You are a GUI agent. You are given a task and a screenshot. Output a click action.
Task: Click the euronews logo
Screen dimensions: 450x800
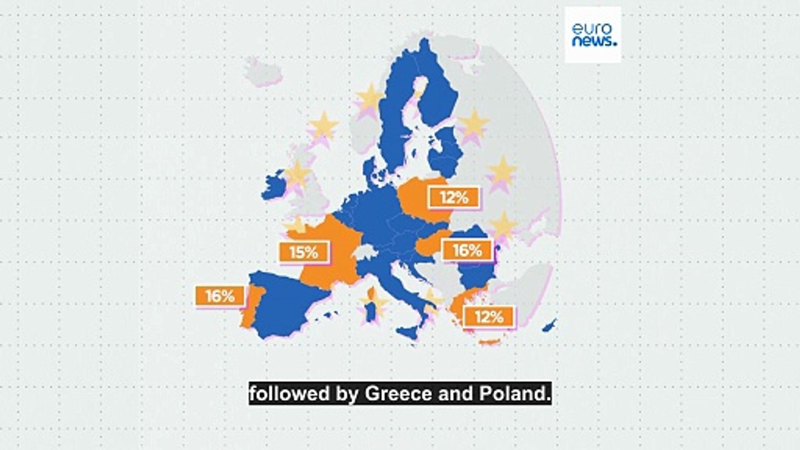click(592, 35)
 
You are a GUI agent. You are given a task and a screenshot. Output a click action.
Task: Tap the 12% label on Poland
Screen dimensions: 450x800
click(454, 198)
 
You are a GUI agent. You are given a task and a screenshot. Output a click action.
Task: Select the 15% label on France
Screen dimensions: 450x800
click(303, 252)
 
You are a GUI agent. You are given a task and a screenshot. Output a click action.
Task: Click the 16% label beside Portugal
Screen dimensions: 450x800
click(219, 296)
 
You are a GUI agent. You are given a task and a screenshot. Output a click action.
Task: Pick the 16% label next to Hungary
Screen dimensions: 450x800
click(467, 251)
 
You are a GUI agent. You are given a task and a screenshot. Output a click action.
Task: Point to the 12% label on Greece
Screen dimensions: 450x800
click(488, 316)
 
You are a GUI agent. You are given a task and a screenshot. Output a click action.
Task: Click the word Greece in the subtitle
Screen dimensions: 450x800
click(398, 394)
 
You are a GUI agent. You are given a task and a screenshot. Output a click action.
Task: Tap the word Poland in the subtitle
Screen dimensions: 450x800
click(506, 394)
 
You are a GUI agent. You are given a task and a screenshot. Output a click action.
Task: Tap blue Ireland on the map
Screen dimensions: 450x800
click(273, 186)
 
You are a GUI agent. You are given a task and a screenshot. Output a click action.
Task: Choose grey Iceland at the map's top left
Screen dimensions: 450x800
click(262, 71)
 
